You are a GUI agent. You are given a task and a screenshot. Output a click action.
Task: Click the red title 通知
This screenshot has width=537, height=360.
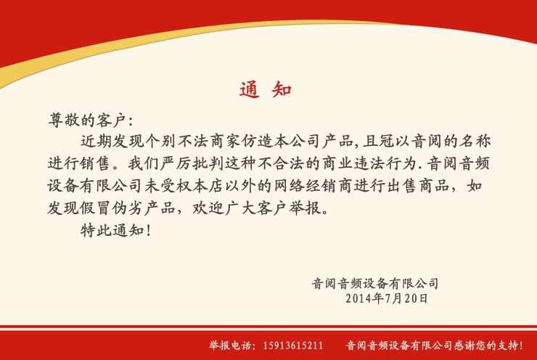point(266,90)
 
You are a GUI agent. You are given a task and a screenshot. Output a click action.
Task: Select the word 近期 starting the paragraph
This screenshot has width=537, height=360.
point(97,141)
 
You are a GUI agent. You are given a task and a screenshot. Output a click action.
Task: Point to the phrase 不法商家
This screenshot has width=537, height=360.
point(209,141)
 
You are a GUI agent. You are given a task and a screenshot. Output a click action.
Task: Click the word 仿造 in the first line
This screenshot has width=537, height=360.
point(257,141)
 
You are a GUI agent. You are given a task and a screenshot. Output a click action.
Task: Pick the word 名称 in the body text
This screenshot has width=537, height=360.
point(475,141)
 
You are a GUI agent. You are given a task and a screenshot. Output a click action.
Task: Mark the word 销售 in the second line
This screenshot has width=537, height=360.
point(96,163)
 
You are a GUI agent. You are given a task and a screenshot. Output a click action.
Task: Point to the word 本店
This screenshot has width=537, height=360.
point(208,186)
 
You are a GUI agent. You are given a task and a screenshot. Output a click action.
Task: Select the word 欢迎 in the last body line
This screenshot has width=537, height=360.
point(208,208)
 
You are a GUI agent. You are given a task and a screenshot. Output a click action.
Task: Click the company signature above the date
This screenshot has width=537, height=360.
point(375,283)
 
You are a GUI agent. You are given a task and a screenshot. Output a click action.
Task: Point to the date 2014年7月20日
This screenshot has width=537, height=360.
point(387,298)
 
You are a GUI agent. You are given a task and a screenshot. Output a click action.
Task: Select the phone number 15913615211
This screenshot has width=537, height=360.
point(293,345)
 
